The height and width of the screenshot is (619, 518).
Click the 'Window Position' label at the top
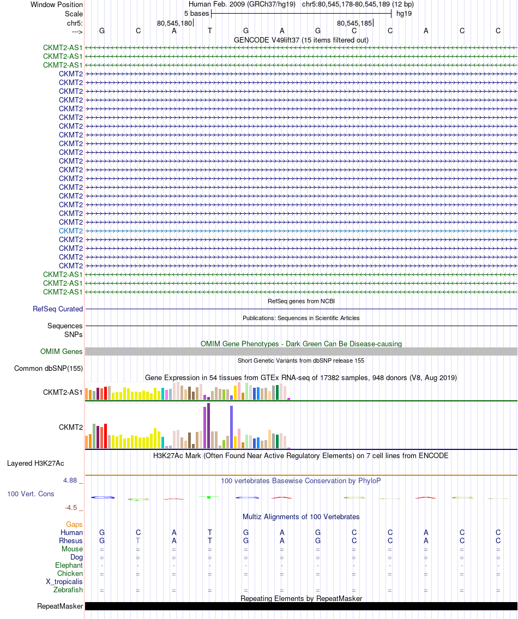(57, 4)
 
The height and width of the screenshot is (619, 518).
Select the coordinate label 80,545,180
(174, 23)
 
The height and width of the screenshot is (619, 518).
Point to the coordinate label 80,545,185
(354, 23)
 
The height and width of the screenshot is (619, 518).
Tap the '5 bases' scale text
(196, 13)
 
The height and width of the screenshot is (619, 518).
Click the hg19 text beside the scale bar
(404, 13)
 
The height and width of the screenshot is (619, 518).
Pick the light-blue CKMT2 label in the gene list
(71, 231)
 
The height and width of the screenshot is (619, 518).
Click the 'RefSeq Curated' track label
(58, 309)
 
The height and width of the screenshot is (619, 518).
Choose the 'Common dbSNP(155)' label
(49, 369)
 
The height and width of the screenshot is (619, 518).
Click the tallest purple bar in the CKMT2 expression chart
(208, 426)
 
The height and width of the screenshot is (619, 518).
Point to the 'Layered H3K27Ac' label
(35, 464)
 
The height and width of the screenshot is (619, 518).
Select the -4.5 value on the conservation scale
(71, 507)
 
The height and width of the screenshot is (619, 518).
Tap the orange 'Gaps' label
(74, 524)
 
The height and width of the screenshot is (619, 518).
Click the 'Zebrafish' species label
(68, 590)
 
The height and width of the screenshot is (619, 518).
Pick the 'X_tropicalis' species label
(64, 581)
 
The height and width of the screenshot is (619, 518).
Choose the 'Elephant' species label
(69, 565)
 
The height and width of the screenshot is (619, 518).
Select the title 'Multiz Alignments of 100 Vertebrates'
(301, 516)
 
